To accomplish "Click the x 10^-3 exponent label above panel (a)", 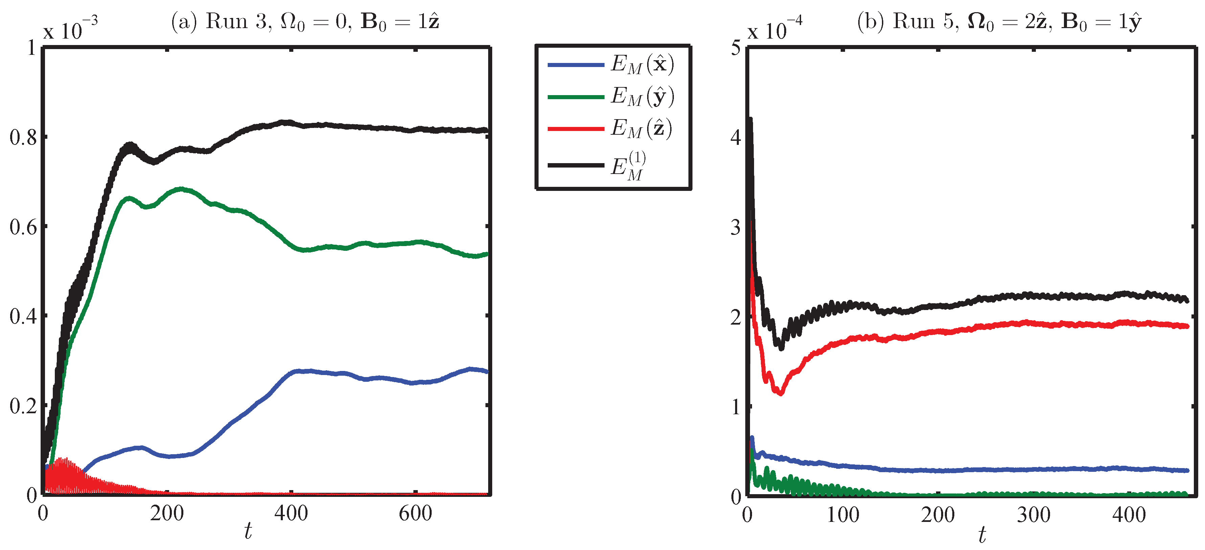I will click(x=70, y=29).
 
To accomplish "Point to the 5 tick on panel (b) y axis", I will click(x=736, y=48).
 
